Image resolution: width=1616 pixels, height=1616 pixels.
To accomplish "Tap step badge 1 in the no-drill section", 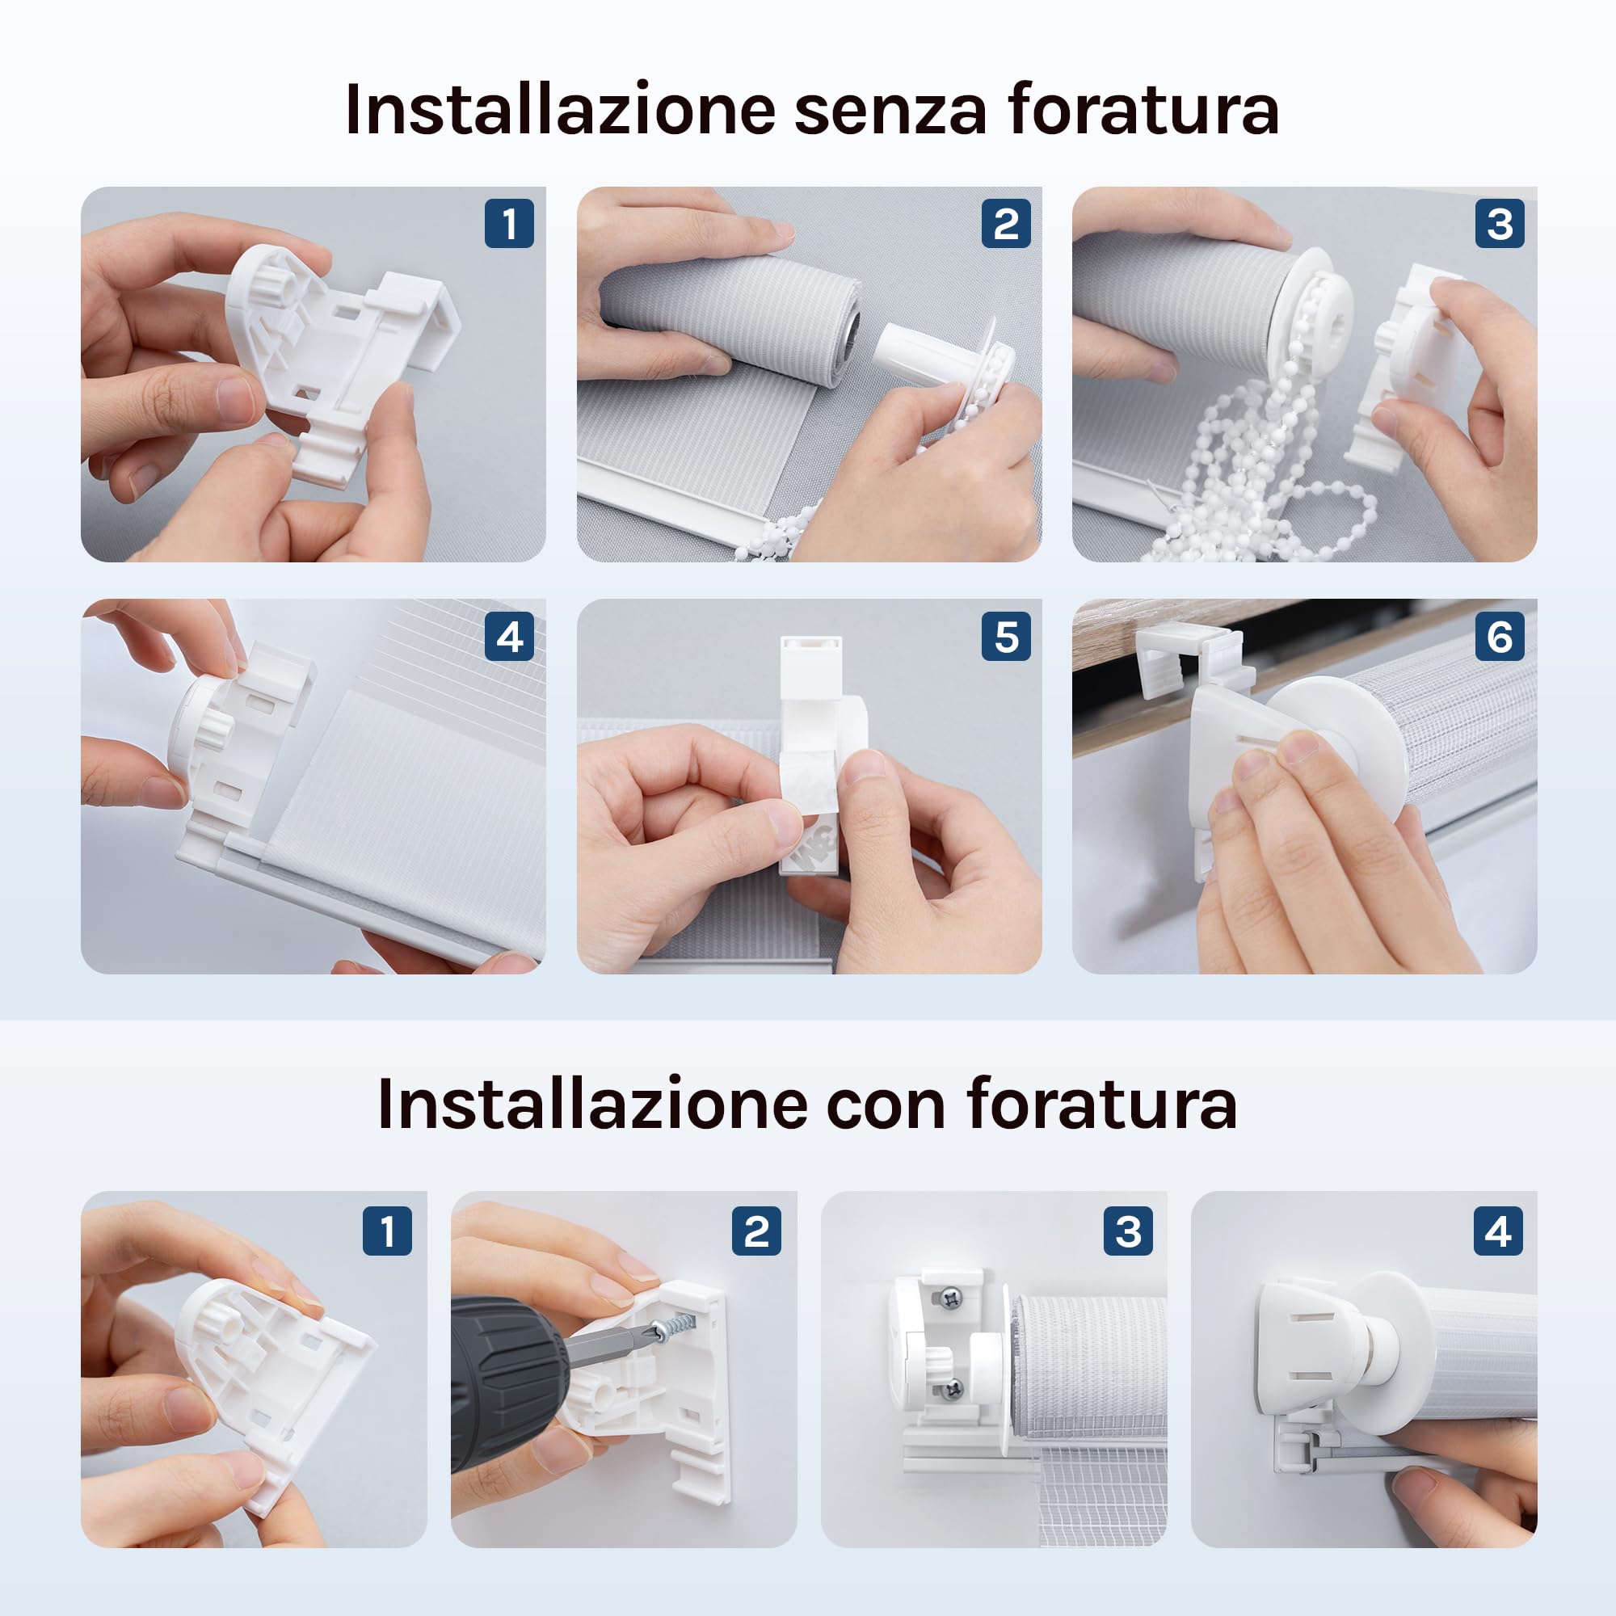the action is click(x=509, y=223).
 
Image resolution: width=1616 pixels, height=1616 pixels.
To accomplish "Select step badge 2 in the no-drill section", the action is click(x=1006, y=223).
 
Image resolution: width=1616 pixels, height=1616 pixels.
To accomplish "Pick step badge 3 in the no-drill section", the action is click(x=1500, y=223).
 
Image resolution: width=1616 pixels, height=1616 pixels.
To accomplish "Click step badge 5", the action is click(x=1006, y=637).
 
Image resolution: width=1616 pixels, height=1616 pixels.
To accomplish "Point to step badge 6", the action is click(x=1500, y=637).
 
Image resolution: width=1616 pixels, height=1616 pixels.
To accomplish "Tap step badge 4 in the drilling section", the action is click(x=1498, y=1231).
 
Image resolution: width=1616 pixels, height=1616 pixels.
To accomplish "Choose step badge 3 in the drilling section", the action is click(x=1128, y=1231).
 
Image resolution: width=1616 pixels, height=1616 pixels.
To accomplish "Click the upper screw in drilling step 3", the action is click(x=952, y=1298).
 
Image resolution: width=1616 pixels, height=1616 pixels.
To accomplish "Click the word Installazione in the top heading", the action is click(x=560, y=110).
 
